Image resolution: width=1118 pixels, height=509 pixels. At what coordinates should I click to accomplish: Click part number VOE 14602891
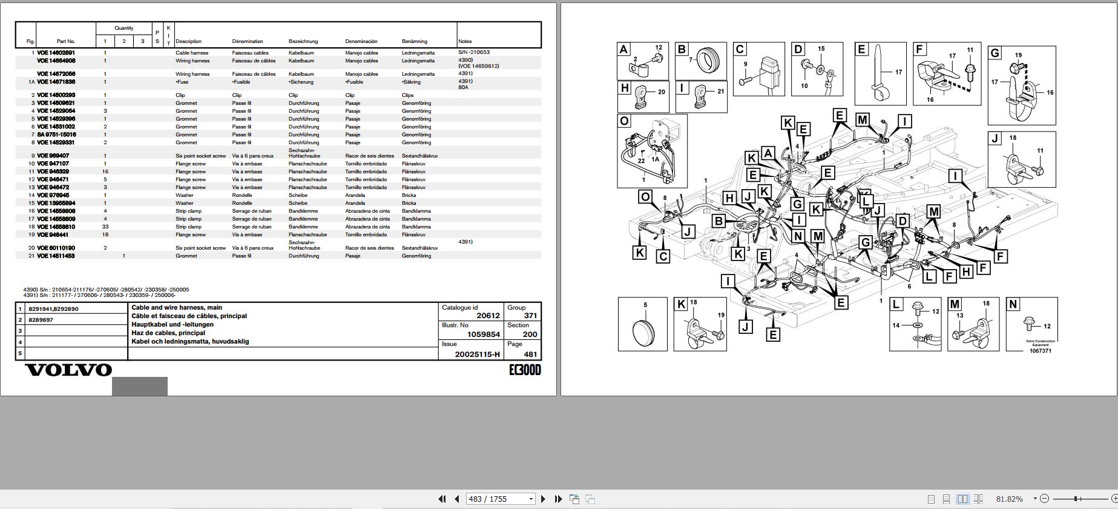click(56, 53)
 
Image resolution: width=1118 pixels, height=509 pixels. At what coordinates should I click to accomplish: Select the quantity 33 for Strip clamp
click(105, 227)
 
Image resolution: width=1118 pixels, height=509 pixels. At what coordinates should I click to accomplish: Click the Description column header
click(189, 41)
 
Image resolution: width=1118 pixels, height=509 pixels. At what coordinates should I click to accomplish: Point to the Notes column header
click(465, 41)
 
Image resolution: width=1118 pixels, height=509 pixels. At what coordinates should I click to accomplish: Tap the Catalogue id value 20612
click(488, 316)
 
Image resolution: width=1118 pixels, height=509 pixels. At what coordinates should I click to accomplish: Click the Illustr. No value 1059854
click(483, 334)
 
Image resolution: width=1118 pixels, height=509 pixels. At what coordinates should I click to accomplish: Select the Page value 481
click(530, 354)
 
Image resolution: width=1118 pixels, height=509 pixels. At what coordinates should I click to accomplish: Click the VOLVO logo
click(68, 370)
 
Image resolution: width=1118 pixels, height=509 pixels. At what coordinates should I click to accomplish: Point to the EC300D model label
click(525, 370)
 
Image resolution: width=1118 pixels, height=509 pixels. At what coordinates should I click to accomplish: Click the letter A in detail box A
click(624, 50)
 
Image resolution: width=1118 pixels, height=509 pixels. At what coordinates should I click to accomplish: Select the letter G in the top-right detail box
click(995, 53)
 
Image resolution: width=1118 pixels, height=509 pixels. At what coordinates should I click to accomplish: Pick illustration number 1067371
click(1041, 351)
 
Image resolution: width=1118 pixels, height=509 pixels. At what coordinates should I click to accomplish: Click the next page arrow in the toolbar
click(543, 499)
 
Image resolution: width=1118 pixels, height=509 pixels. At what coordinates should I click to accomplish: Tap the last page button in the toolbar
click(558, 499)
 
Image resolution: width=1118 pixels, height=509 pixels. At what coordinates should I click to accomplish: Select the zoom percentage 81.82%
click(1009, 499)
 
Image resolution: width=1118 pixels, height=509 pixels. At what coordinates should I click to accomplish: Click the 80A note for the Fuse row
click(463, 87)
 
